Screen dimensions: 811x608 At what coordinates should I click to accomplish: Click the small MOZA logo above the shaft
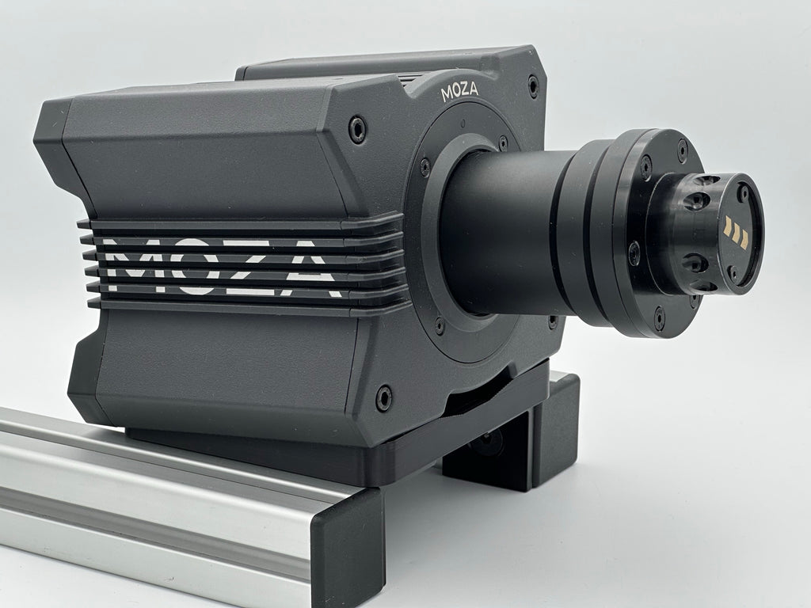point(459,92)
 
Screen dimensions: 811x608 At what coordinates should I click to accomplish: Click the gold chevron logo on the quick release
point(737,233)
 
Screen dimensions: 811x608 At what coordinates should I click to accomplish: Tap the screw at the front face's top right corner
point(533,85)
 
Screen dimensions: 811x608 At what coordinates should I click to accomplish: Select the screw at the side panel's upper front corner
point(357,129)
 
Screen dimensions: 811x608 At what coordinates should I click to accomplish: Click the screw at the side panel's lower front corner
point(383,397)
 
